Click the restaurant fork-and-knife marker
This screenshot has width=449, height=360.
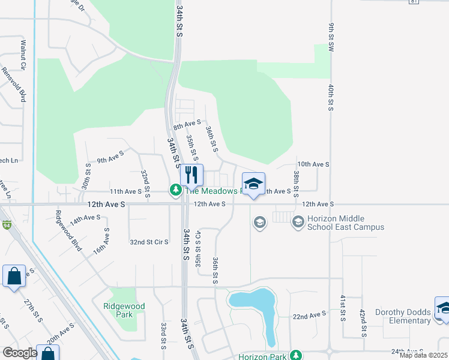point(191,175)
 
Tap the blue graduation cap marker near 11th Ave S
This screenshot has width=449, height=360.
point(253,183)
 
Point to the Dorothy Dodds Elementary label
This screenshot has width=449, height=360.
point(403,316)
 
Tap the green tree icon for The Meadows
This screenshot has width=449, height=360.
point(175,190)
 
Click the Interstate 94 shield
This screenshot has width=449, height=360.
point(7,225)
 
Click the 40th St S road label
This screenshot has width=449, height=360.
point(331,97)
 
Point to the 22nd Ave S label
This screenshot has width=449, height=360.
point(309,314)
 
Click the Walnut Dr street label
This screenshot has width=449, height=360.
point(23,53)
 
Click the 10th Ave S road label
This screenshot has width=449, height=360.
point(313,164)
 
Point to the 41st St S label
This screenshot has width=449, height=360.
point(343,308)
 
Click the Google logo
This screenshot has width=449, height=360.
point(20,352)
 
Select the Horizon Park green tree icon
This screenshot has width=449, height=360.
point(295,355)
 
